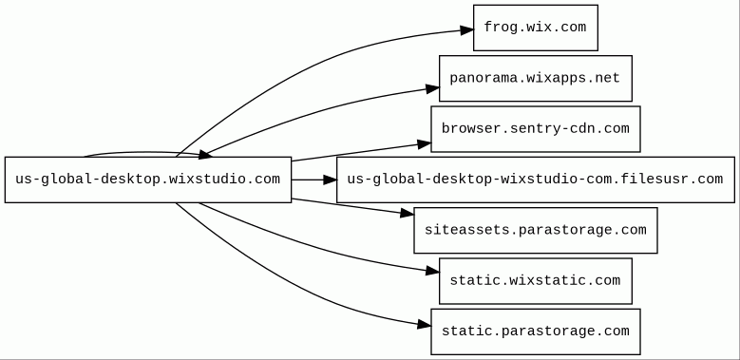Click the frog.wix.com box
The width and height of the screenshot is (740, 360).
[536, 28]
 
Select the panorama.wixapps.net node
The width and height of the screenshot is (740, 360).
[536, 78]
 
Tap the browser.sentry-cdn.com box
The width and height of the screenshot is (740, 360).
[536, 129]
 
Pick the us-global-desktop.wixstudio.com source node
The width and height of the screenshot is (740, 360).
[148, 180]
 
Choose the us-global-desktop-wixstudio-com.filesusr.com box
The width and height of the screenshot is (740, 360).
[536, 180]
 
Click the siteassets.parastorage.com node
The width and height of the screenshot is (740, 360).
[536, 230]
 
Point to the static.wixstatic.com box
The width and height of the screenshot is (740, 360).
[536, 281]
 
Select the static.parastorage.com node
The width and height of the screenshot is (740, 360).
[536, 332]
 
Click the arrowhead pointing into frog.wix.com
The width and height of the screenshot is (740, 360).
[467, 30]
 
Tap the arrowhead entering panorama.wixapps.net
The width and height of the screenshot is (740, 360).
[433, 88]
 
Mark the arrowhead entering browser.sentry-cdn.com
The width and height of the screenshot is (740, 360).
[425, 144]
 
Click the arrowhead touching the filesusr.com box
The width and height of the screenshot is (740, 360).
[330, 180]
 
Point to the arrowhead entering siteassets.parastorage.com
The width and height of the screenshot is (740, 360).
[408, 214]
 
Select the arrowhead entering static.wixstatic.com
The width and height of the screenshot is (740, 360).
[433, 271]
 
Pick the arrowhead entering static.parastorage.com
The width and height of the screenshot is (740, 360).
[425, 325]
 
